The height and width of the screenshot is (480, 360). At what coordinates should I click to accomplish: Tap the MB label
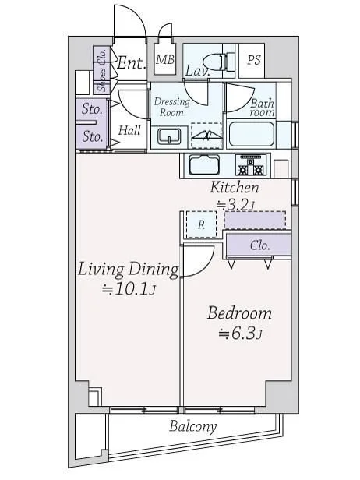pyautogui.click(x=165, y=59)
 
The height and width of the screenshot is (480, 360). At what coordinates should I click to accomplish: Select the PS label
pyautogui.click(x=254, y=60)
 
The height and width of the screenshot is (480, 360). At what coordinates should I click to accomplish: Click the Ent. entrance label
pyautogui.click(x=131, y=63)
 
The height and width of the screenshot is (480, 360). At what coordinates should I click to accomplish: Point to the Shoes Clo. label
pyautogui.click(x=102, y=70)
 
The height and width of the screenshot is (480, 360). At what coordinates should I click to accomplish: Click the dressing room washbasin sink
pyautogui.click(x=169, y=136)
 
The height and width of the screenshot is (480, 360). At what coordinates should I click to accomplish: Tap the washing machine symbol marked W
pyautogui.click(x=206, y=136)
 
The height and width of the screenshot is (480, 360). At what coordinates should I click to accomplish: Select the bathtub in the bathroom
pyautogui.click(x=251, y=134)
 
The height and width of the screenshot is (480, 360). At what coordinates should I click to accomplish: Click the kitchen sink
pyautogui.click(x=204, y=164)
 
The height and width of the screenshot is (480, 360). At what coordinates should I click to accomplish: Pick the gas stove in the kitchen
pyautogui.click(x=251, y=165)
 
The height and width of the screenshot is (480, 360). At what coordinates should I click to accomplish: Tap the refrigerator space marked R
pyautogui.click(x=201, y=224)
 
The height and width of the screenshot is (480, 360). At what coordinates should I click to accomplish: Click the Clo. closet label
pyautogui.click(x=260, y=245)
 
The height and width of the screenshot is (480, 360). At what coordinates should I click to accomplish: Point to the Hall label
pyautogui.click(x=129, y=130)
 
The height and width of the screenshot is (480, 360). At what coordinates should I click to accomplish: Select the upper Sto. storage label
pyautogui.click(x=92, y=109)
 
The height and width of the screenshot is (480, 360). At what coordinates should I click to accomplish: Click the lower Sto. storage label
pyautogui.click(x=92, y=136)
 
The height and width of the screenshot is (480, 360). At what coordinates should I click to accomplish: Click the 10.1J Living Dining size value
pyautogui.click(x=129, y=289)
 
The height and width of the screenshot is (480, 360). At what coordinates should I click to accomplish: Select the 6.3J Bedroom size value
pyautogui.click(x=241, y=334)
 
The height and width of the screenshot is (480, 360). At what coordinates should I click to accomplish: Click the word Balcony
pyautogui.click(x=193, y=426)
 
